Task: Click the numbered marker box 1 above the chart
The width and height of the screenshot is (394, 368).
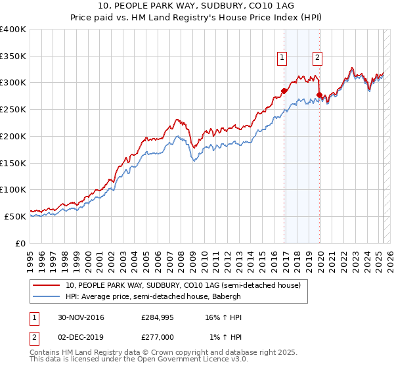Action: click(x=282, y=58)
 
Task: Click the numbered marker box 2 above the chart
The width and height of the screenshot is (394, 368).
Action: click(x=317, y=58)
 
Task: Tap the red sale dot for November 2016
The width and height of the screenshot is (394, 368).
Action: click(x=284, y=91)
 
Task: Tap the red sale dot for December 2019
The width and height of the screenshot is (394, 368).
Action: click(x=319, y=95)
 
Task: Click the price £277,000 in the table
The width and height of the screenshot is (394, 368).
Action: click(x=158, y=337)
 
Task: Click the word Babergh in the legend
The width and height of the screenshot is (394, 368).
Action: click(x=226, y=296)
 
